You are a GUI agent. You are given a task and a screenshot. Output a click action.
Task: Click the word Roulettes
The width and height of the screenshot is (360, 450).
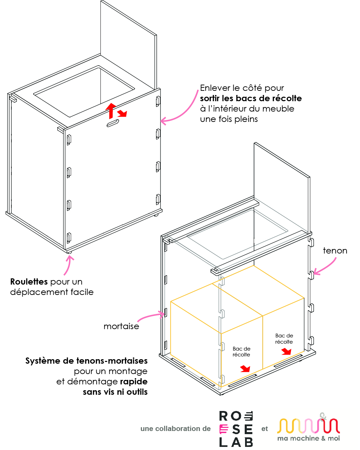(29, 281)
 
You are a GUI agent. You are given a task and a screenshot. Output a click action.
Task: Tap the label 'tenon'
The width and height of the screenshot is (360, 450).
(335, 251)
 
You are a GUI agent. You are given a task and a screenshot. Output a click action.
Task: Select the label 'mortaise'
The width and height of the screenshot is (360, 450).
(121, 326)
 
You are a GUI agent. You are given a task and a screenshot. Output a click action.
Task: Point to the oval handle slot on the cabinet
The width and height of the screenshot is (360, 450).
(113, 123)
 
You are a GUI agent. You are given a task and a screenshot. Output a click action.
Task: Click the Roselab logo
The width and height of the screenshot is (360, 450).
(236, 429)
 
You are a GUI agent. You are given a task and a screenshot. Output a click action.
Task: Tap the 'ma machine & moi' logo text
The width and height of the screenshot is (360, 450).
(309, 438)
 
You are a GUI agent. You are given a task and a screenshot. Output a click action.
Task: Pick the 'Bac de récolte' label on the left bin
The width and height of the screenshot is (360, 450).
(241, 352)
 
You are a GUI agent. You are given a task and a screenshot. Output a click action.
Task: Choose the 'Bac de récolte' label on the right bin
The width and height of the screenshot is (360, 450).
(284, 338)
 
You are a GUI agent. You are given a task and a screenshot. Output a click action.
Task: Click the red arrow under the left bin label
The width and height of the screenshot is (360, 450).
(245, 369)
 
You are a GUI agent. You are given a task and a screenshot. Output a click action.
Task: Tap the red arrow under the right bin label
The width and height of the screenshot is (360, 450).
(286, 352)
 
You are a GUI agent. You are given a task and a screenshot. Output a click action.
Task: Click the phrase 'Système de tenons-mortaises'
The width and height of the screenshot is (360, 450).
(86, 361)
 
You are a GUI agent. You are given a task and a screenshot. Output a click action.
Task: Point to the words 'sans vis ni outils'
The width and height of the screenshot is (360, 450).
(115, 392)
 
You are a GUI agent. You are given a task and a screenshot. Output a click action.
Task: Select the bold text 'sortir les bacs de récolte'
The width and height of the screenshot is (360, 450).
(251, 98)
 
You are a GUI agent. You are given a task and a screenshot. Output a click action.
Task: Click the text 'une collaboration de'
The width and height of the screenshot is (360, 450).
(175, 429)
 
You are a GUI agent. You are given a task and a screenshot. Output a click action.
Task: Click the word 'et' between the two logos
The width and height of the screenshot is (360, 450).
(264, 429)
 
